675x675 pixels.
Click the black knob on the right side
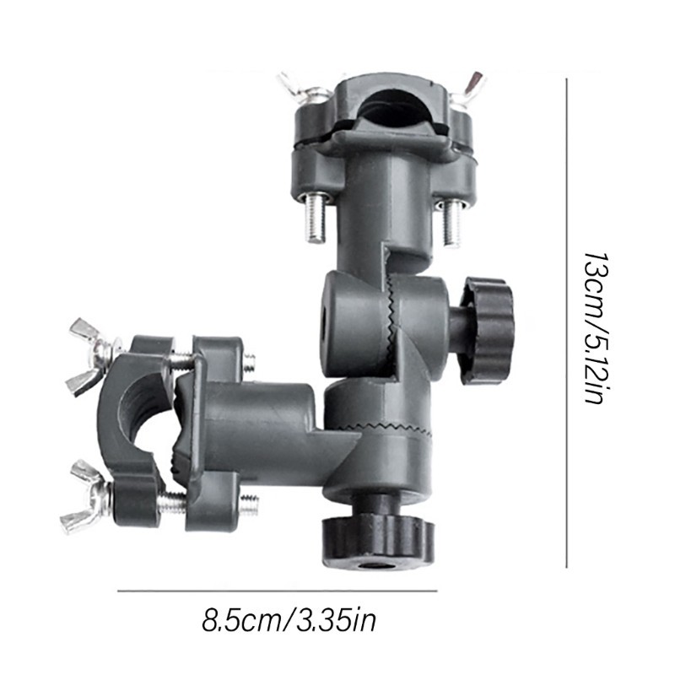coord(487,330)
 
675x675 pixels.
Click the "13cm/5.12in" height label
coord(597,327)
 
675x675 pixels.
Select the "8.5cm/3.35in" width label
coord(289,619)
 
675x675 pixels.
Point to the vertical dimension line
coord(566,323)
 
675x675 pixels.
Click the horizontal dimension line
coord(278,591)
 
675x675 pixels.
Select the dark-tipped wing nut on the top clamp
coord(468,88)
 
